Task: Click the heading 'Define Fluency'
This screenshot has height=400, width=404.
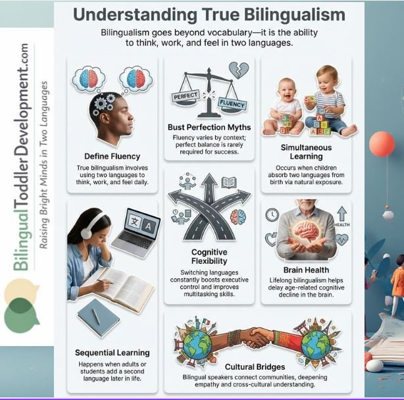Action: pos(113,156)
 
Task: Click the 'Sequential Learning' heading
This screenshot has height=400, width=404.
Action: pos(113,353)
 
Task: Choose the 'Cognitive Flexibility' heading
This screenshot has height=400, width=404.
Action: pos(210,257)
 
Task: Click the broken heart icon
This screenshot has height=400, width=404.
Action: pos(236,70)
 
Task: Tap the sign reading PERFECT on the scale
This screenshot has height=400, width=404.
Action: pos(186,97)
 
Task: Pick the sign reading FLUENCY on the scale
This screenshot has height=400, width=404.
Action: pos(234,105)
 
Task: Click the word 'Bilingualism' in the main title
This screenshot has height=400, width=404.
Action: pos(271,14)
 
